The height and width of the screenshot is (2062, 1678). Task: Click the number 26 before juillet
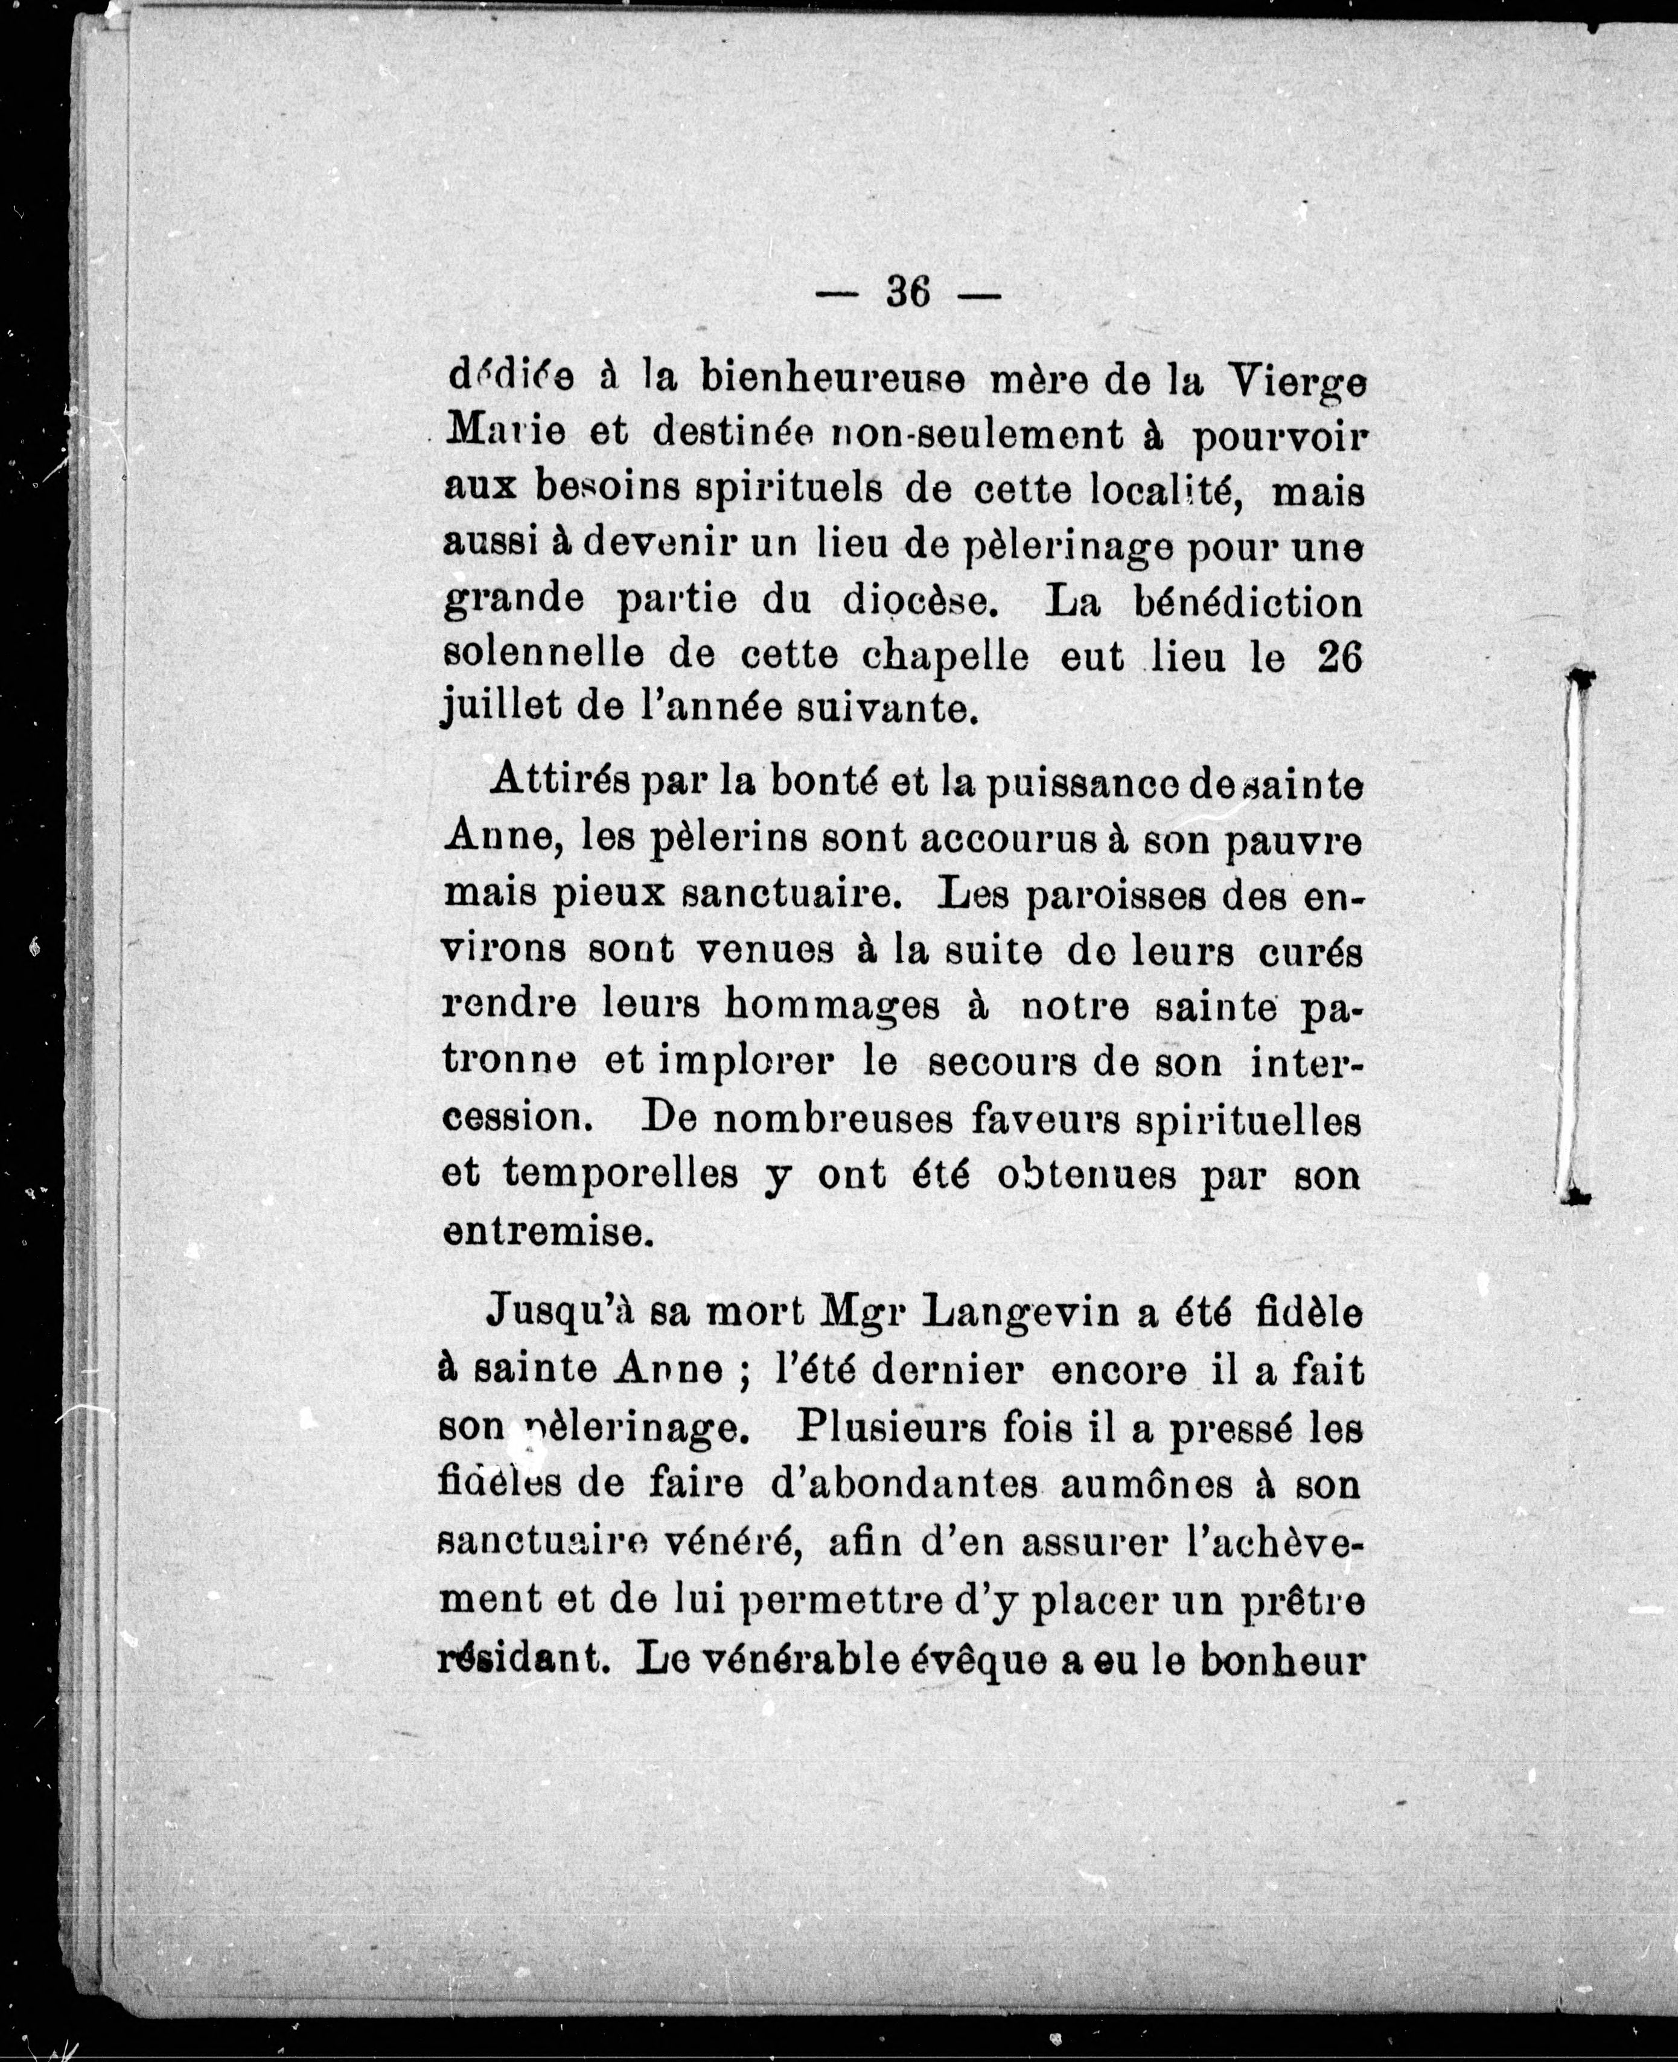[1339, 657]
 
